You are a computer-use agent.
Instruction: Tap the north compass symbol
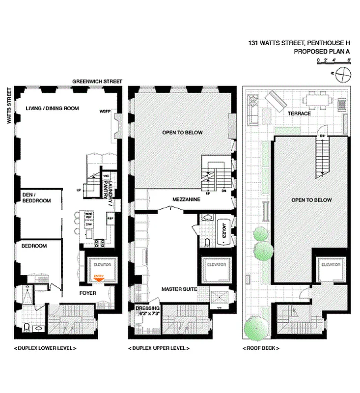[x=343, y=74]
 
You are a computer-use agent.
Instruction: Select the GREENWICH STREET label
[x=97, y=82]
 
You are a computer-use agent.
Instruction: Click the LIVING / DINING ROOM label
[x=53, y=109]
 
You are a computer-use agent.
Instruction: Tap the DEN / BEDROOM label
[x=36, y=197]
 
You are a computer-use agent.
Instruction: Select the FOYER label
[x=88, y=293]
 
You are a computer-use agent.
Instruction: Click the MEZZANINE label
[x=185, y=199]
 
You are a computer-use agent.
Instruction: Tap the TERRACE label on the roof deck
[x=299, y=113]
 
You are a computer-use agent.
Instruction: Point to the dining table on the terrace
[x=315, y=101]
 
